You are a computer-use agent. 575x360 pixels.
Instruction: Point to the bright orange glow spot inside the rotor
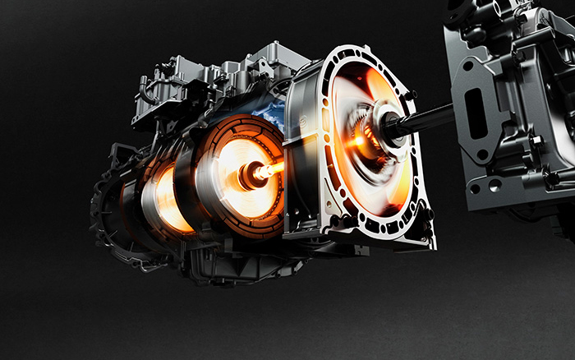coord(358,142)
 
